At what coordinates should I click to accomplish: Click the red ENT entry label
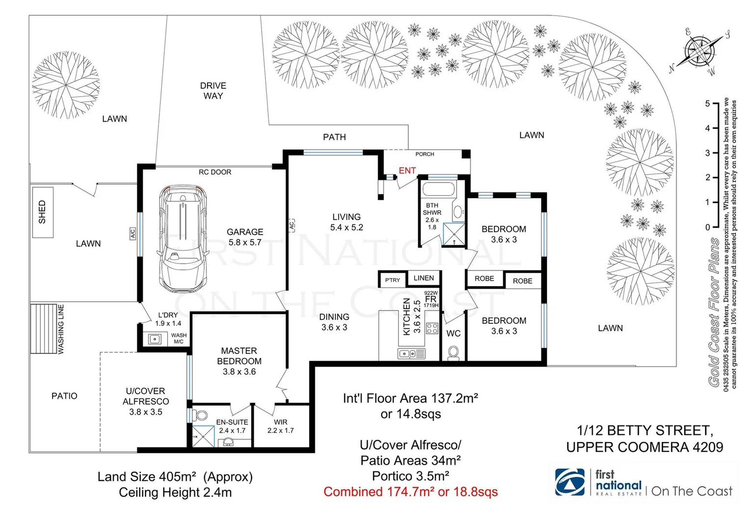[x=407, y=170]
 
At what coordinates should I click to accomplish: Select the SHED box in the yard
[x=43, y=212]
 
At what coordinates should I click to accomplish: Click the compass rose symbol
[x=700, y=52]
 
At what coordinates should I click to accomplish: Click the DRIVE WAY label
[x=213, y=91]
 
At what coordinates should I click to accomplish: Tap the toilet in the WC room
[x=453, y=353]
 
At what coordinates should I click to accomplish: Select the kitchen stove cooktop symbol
[x=432, y=328]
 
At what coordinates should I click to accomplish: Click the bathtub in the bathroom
[x=439, y=189]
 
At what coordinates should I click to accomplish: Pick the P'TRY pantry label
[x=392, y=280]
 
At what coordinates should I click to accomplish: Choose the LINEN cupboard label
[x=423, y=278]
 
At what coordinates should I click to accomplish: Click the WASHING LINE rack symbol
[x=44, y=328]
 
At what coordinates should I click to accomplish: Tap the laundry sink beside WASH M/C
[x=155, y=340]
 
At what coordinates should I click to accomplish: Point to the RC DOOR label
[x=215, y=172]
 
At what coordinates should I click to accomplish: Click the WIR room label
[x=281, y=422]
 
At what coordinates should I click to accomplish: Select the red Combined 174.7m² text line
[x=411, y=492]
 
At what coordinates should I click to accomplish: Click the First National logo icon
[x=570, y=482]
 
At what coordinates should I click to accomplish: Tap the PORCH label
[x=425, y=154]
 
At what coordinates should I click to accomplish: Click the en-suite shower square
[x=203, y=437]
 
